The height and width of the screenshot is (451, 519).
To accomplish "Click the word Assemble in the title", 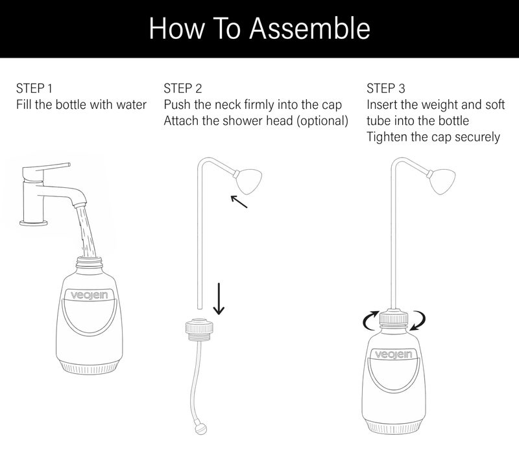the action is pos(309,29).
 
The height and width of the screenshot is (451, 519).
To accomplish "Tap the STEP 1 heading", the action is pos(34,88).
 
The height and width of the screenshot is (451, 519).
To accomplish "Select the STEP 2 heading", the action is pos(183,88).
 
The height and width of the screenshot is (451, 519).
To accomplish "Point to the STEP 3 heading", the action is pos(385,88).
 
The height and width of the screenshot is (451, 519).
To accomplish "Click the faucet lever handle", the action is pos(46,169).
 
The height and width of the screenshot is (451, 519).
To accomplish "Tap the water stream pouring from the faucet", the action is pos(86,231).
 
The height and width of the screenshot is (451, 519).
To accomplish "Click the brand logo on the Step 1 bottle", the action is pos(90,295).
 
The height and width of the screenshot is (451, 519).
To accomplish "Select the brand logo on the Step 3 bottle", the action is pos(394,354).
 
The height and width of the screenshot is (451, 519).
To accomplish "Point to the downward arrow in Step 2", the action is pos(219,298).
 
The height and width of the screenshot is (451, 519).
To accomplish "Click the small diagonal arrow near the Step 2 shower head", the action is pos(239,202).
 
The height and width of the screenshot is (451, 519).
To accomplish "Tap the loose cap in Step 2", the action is pos(199,329).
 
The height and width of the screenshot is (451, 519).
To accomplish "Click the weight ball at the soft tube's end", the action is pos(201,429).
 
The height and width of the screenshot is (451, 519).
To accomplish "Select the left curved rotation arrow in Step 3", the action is pos(370,320).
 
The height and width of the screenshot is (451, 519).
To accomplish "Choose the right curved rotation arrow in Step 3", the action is pos(418,320).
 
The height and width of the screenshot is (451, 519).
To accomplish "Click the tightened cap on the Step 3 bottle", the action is pos(394,318).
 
